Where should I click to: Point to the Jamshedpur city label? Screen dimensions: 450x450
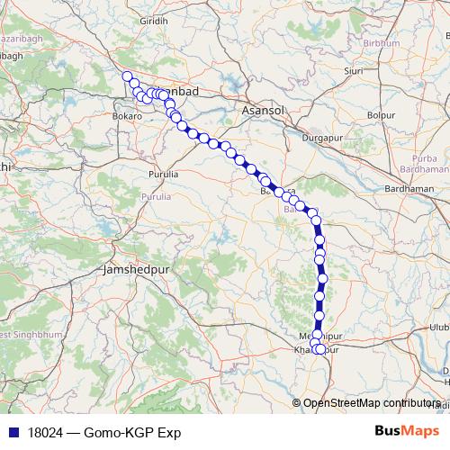[135, 268]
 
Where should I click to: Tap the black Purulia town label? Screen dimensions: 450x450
[165, 173]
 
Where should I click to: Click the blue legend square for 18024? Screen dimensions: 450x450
[10, 433]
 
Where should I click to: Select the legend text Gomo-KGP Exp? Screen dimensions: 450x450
[130, 433]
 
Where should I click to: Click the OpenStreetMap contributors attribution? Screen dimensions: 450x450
[371, 403]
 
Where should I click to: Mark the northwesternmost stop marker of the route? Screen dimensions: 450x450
[128, 77]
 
